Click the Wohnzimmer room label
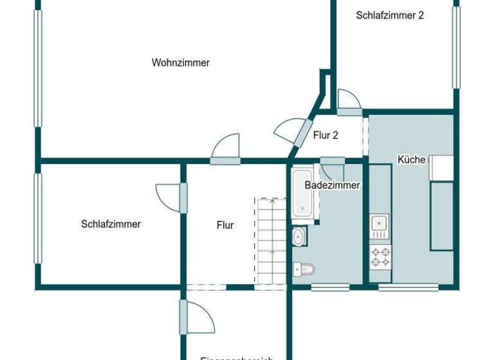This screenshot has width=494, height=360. click(x=181, y=63)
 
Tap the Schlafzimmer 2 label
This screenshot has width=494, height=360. click(x=390, y=15)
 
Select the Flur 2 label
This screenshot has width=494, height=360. click(x=325, y=136)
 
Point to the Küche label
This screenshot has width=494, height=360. click(x=412, y=159)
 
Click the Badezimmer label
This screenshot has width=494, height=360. click(x=332, y=185)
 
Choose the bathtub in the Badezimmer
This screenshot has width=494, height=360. click(x=302, y=192)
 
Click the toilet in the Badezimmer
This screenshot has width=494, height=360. click(x=302, y=269)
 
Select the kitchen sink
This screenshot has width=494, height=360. click(x=379, y=224)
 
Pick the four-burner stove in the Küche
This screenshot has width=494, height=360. click(x=380, y=257)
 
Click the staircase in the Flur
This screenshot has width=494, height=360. click(x=271, y=241)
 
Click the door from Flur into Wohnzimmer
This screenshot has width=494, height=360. click(x=226, y=149)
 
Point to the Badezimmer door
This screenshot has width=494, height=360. click(x=333, y=168)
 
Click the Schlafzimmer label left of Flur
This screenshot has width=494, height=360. click(x=111, y=224)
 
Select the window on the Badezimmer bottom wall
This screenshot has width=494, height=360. click(x=331, y=286)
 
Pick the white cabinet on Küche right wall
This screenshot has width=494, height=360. click(x=441, y=168)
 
